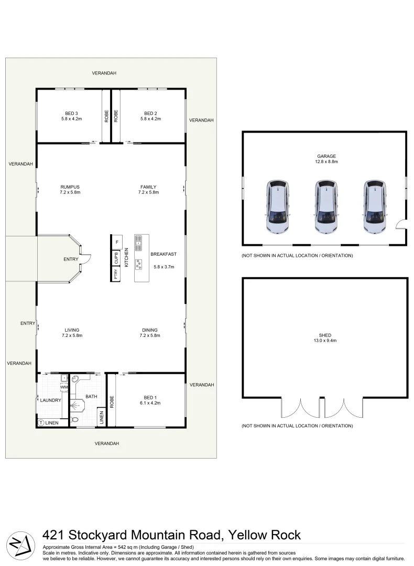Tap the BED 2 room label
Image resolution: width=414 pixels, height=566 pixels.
(x=150, y=114)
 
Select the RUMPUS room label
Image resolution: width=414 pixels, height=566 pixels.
(x=70, y=187)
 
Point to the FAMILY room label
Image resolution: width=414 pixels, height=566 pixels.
(x=148, y=187)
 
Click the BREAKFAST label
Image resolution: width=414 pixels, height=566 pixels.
(x=164, y=254)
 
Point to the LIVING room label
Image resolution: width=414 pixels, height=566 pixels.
(x=70, y=330)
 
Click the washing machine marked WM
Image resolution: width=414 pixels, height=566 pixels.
(x=64, y=387)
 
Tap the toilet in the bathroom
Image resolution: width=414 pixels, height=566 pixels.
(x=74, y=420)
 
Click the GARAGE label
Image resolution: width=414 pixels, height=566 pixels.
(x=326, y=156)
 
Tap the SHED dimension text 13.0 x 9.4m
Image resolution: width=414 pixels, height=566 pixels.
(x=325, y=341)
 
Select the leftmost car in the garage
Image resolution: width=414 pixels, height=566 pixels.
(x=277, y=206)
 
